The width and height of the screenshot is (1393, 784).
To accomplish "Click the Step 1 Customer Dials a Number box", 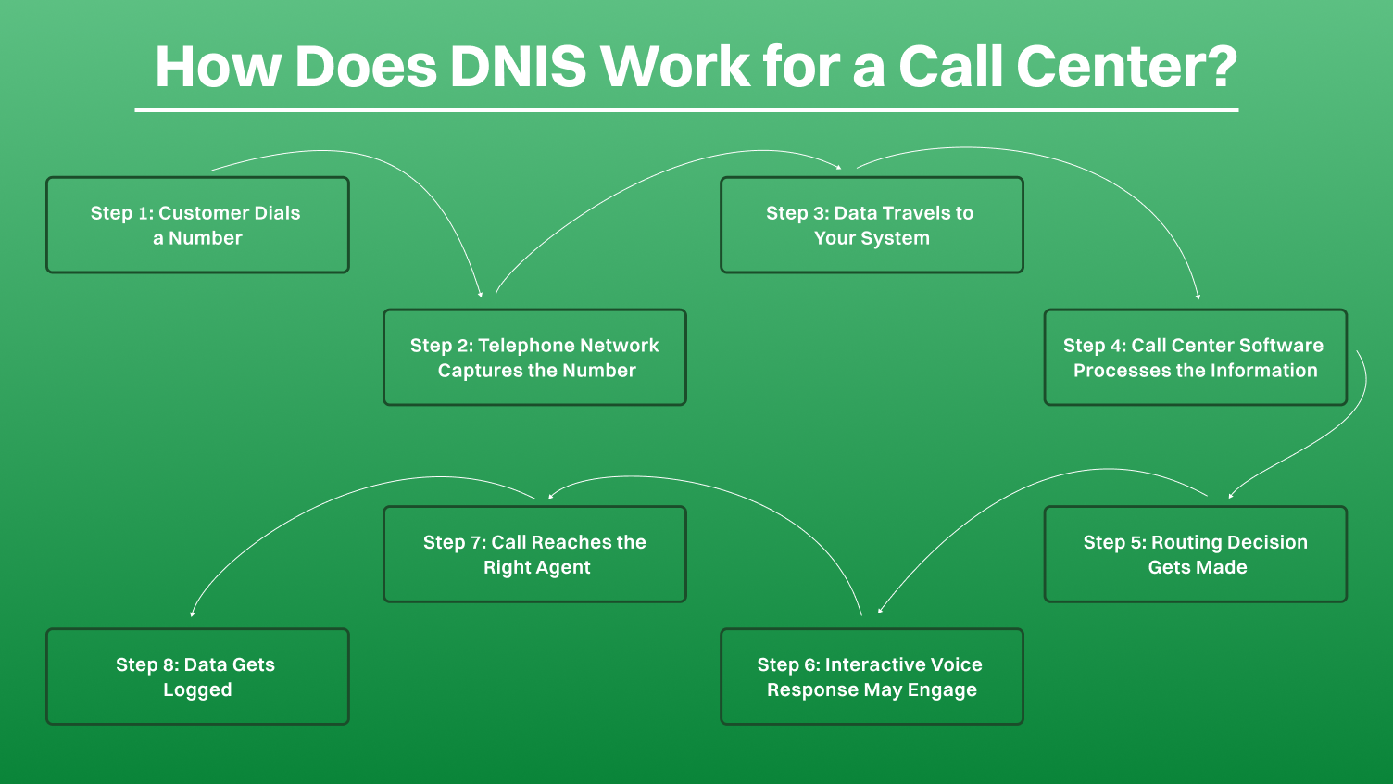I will [x=197, y=225].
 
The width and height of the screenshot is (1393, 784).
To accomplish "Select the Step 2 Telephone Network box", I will [x=534, y=358].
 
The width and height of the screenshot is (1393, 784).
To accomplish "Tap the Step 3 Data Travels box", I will [x=872, y=225].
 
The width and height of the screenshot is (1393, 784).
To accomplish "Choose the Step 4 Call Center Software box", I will [x=1195, y=358].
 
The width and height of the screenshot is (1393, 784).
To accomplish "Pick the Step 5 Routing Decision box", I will [x=1195, y=554].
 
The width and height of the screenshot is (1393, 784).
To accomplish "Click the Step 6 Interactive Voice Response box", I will [x=872, y=677].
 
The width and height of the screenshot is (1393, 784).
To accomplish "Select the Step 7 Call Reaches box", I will [x=534, y=554].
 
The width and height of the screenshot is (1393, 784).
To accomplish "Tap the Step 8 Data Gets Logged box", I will [x=197, y=677].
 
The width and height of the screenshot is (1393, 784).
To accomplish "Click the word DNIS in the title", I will [x=518, y=67].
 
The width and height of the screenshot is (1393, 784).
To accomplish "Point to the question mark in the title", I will [x=1216, y=67].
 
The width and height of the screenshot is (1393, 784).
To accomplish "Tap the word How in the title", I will [x=217, y=67].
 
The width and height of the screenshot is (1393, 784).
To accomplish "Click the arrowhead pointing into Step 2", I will [x=481, y=294].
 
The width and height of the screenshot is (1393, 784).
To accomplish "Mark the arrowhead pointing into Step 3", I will [x=838, y=168].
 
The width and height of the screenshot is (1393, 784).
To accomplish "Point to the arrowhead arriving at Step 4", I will [x=1198, y=297].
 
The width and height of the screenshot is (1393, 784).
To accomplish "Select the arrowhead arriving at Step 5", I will [x=1230, y=496].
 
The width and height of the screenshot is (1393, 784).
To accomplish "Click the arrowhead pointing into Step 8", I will [x=192, y=613].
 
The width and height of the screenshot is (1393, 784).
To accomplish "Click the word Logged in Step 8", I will [x=197, y=689].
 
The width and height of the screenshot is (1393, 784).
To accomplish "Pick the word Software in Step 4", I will [x=1281, y=345].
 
